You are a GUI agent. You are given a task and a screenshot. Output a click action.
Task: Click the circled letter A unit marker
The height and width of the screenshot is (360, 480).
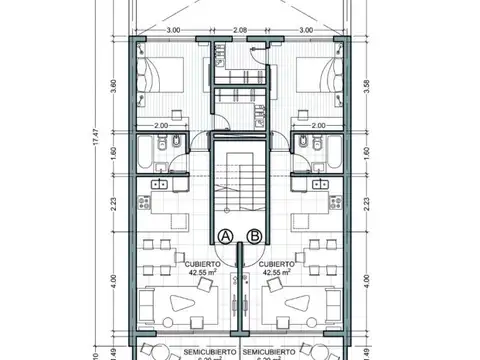[226, 237]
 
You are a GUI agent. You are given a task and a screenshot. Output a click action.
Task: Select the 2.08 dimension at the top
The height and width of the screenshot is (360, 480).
[240, 31]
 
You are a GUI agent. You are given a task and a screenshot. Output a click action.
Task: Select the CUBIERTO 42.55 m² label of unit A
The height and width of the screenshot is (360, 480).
[187, 265]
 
